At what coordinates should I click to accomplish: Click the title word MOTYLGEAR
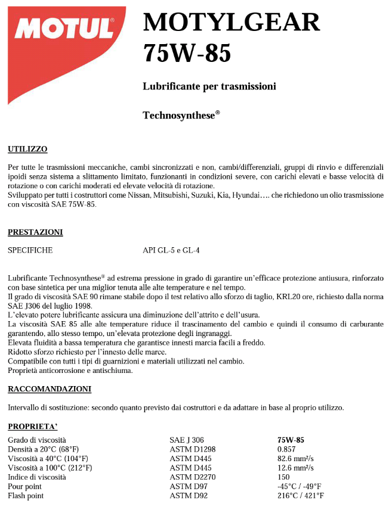232,23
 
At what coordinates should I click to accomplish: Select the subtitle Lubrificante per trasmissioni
209,86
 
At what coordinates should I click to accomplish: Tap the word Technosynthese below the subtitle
178,115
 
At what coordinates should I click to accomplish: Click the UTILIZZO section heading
27,149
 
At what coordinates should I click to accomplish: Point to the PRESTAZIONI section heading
35,232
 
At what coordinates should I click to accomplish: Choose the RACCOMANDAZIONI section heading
50,389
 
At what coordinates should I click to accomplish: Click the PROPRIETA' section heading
33,427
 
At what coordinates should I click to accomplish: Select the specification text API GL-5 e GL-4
171,250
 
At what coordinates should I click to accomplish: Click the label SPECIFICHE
30,250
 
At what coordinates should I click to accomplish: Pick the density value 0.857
286,449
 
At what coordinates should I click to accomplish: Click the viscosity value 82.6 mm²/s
295,458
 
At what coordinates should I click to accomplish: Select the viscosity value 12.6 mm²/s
295,468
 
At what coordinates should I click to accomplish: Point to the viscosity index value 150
283,477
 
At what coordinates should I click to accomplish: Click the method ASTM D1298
191,449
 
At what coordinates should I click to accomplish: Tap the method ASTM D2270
191,477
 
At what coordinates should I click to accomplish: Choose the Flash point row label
25,495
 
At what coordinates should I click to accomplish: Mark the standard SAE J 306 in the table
187,440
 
